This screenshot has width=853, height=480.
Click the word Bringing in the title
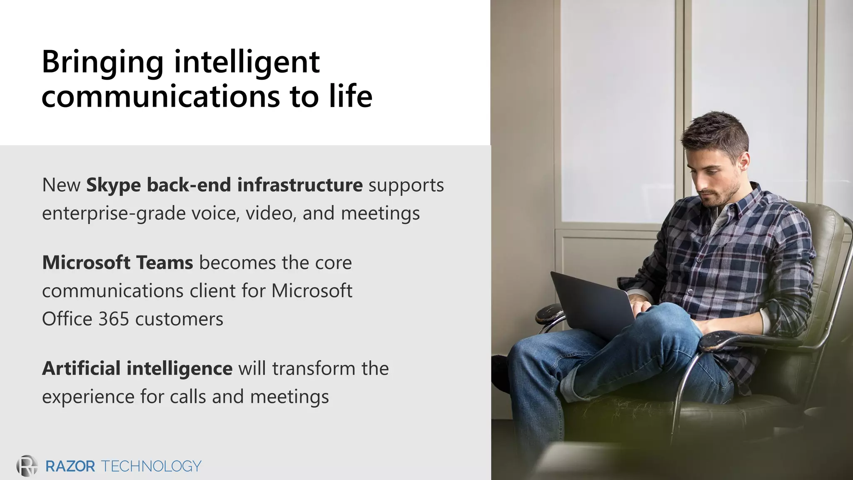tap(102, 62)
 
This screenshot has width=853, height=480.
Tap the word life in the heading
tap(351, 96)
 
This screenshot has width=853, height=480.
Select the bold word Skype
tap(113, 185)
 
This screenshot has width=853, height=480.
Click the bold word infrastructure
tap(300, 185)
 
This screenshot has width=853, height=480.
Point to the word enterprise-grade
tap(114, 214)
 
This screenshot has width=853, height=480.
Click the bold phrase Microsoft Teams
tap(117, 262)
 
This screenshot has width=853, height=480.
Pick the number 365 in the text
tap(114, 319)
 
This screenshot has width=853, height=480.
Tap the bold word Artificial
tap(81, 368)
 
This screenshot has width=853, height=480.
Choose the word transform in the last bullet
tap(315, 368)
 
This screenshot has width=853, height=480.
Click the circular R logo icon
tap(27, 466)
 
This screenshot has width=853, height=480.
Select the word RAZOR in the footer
tap(70, 466)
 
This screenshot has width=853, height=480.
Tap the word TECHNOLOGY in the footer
tap(151, 466)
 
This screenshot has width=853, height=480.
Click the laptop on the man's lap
tap(591, 302)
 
